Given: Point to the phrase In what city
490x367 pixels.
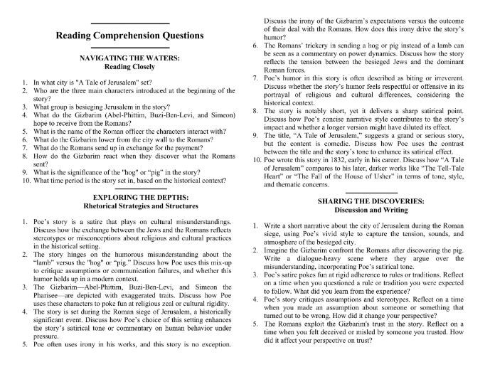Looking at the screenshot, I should point(50,85).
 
